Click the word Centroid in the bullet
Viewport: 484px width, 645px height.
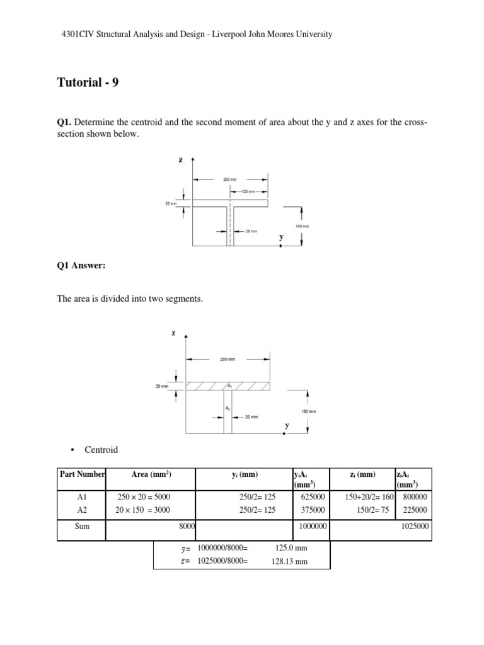click(x=101, y=450)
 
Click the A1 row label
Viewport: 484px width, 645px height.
click(x=81, y=496)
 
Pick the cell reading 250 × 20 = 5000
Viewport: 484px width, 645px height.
click(x=143, y=496)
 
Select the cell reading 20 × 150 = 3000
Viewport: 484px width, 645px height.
click(x=143, y=510)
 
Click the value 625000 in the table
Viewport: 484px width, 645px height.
click(x=311, y=496)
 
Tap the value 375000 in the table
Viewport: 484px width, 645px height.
click(x=311, y=510)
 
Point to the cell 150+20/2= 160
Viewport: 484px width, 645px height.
click(x=369, y=496)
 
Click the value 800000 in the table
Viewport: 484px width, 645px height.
click(x=415, y=496)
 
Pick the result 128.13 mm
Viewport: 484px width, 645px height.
click(x=289, y=562)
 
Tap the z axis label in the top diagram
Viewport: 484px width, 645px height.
click(x=180, y=160)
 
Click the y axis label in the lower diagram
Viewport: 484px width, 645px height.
click(x=287, y=426)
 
